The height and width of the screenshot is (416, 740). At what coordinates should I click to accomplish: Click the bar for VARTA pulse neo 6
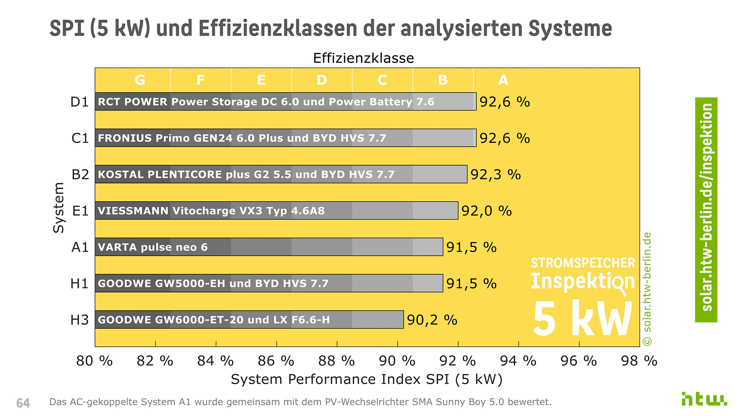coord(269,247)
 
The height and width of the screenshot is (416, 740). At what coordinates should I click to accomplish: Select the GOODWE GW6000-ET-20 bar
coord(249,320)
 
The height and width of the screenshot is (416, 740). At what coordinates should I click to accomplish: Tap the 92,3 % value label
coord(496,174)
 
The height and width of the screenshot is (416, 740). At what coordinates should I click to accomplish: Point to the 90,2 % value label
coord(432,320)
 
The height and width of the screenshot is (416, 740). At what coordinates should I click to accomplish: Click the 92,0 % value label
coord(486,211)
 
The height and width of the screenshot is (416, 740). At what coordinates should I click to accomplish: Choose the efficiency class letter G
coord(140,80)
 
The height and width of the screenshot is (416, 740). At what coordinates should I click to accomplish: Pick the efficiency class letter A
coord(503,80)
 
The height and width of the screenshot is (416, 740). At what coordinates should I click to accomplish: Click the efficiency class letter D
coord(322,80)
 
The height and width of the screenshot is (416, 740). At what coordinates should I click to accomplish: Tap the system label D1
coord(79,102)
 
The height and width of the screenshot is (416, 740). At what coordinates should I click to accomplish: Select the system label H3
coord(79,320)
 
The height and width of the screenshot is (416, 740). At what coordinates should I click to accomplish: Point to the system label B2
coord(80,174)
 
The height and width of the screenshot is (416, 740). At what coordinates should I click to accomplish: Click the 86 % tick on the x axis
coord(276,361)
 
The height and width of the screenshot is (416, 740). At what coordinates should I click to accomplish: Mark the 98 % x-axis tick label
coord(639,361)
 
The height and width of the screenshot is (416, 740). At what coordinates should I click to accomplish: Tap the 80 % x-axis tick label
coord(94,361)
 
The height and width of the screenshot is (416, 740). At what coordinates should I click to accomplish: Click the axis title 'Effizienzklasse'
coord(363,58)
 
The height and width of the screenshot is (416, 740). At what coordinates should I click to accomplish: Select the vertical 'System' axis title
coord(59,208)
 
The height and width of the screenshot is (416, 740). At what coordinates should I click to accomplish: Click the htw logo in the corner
coord(704,399)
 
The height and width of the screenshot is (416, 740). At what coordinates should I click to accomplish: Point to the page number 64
coord(23,403)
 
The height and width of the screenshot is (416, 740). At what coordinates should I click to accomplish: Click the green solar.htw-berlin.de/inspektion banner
coord(706,210)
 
